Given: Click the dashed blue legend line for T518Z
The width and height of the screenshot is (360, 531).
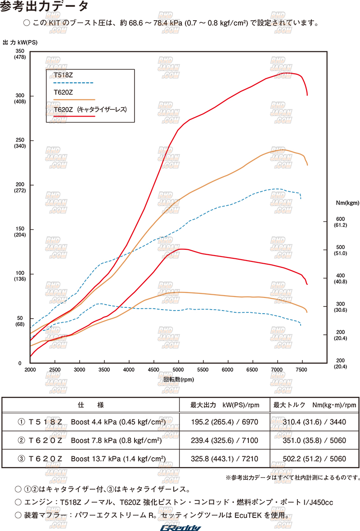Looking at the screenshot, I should point(73,83).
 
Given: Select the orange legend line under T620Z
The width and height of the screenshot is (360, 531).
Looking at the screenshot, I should point(74,99).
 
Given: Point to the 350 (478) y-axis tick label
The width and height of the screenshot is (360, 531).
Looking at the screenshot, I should point(20,54).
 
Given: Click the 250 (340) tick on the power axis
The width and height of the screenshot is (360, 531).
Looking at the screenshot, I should point(20,143).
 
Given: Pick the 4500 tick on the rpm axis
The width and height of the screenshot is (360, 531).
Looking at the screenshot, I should point(154,369).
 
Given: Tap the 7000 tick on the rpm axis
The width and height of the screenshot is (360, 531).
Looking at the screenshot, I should point(278,369).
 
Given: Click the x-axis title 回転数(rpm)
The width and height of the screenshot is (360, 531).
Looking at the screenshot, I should point(179,379).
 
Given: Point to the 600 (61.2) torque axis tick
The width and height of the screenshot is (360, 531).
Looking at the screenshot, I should point(340,222).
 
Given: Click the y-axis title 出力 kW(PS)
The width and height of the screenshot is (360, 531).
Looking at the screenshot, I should point(20,42).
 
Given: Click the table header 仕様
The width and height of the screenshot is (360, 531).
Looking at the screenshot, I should point(91,405).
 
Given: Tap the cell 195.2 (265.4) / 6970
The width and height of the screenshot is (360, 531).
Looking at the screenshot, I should point(224,422).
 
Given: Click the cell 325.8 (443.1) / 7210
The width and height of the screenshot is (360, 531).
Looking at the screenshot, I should point(224,459).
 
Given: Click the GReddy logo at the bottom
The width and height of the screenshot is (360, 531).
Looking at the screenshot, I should point(181,527).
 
